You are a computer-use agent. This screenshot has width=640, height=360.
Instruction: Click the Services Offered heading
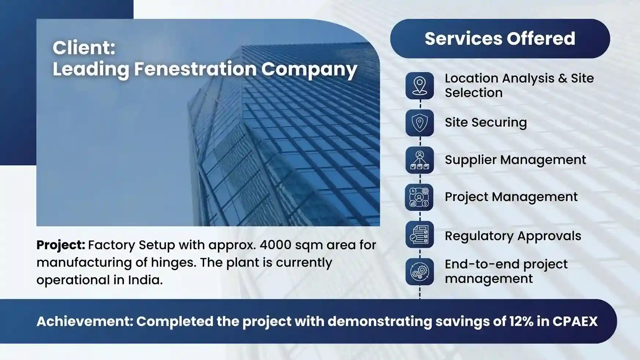500,38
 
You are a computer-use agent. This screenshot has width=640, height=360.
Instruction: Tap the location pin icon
419,86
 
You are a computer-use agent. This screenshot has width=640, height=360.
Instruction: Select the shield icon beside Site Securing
419,123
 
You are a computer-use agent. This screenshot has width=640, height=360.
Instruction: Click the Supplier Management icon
419,160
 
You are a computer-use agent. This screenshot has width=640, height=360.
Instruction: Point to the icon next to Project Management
419,197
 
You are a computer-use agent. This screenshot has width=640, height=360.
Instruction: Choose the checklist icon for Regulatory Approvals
419,235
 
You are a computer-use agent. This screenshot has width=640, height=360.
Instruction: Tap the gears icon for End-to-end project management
419,272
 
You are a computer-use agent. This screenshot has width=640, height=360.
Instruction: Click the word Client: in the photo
84,48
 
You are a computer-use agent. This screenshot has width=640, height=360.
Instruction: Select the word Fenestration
195,69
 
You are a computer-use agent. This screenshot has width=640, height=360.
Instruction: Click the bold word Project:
61,245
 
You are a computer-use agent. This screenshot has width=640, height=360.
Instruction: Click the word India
145,280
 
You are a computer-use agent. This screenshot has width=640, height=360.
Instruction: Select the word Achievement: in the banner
85,322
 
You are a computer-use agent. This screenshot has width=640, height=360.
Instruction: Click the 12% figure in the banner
521,322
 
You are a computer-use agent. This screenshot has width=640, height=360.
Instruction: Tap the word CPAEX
575,322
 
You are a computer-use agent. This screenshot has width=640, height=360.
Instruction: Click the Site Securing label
486,123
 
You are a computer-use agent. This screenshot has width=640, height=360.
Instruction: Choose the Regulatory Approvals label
513,236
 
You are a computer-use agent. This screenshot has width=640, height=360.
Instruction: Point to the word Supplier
470,160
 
